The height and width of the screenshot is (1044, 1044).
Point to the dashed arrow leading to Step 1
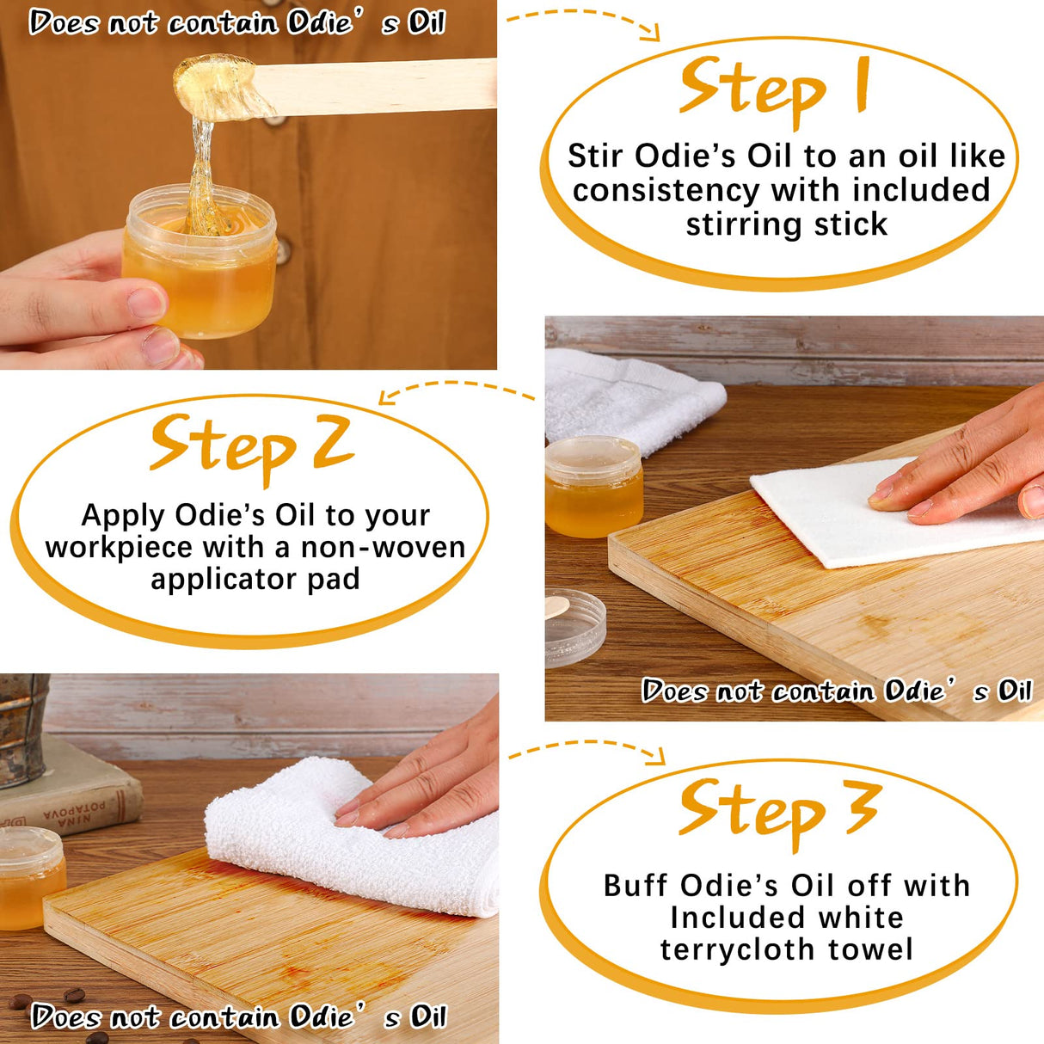point(585,19)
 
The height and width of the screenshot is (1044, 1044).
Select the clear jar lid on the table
point(574,628)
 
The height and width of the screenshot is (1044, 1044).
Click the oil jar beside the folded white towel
point(593,486)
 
